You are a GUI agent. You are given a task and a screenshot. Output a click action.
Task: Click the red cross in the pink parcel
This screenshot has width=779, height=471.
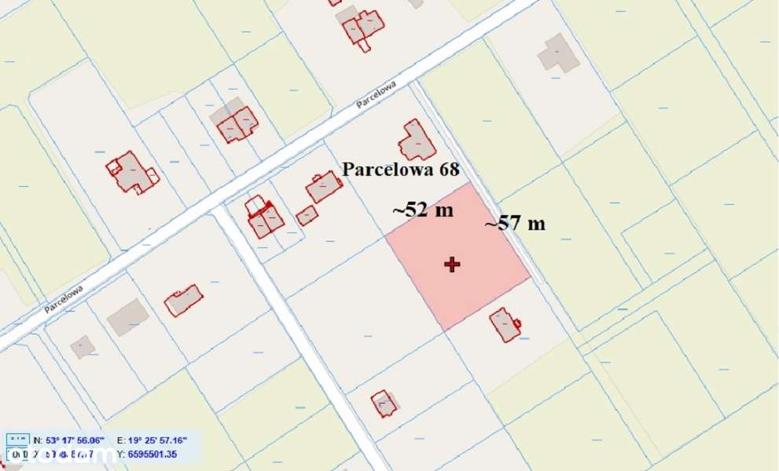click(x=452, y=265)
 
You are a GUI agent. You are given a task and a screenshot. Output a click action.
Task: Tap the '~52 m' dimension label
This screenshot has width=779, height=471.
click(x=423, y=210)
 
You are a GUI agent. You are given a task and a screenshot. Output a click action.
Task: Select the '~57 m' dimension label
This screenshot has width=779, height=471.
click(x=515, y=223)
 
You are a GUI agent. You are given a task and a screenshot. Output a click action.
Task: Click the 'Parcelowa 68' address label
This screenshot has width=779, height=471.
click(x=400, y=169)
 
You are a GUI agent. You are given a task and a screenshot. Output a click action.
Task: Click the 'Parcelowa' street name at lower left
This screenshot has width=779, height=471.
click(x=64, y=299)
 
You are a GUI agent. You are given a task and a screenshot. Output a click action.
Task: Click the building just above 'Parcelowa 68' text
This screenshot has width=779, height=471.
click(x=417, y=141)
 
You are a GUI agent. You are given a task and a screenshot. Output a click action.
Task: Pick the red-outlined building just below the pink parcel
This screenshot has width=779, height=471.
click(x=505, y=325)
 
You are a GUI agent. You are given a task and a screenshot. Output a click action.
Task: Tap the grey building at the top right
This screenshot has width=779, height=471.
click(x=558, y=53)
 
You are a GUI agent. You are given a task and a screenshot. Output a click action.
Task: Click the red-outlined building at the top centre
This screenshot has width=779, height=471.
click(x=362, y=27)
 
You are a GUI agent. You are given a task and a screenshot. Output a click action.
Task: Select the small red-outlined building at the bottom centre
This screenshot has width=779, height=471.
click(x=384, y=403)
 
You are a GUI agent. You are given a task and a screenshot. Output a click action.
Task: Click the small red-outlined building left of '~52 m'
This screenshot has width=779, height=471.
click(x=307, y=215)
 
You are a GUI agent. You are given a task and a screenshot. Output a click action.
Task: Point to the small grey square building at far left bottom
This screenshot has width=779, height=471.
click(x=82, y=346)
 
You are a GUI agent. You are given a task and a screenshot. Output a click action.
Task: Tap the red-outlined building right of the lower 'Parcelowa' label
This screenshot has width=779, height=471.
click(x=184, y=301)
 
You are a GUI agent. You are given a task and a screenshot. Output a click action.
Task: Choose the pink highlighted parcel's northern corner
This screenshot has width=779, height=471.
click(x=470, y=183)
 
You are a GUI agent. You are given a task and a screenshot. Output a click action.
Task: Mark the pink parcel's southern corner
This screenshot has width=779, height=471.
click(x=446, y=330)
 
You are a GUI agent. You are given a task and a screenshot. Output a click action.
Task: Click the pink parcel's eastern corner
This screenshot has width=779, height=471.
click(x=530, y=277)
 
